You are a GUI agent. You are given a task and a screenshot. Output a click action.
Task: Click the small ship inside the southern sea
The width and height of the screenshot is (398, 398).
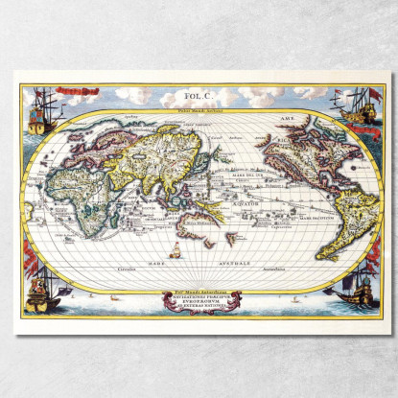[176, 252]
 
